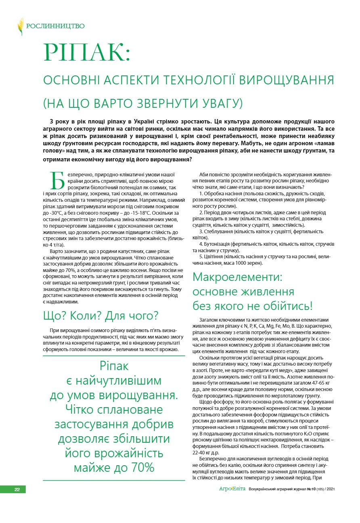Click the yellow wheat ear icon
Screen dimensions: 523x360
tap(21, 27)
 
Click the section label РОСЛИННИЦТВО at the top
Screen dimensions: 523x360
tap(55, 27)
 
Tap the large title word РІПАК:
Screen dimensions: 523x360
tap(87, 52)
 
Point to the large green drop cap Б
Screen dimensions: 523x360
tap(57, 180)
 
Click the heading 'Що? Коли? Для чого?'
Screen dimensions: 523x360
tap(100, 316)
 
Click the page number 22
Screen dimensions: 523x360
tap(17, 489)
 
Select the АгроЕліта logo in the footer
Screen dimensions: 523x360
tap(232, 489)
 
